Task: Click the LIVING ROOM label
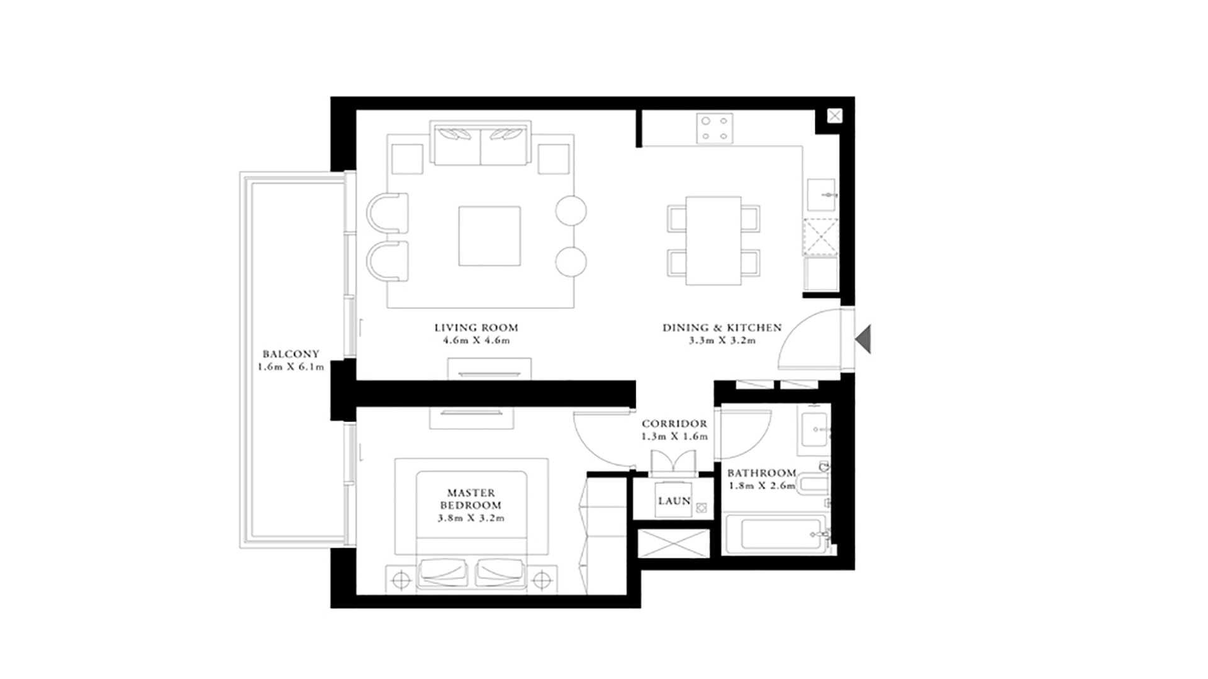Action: pyautogui.click(x=476, y=328)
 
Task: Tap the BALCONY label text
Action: pyautogui.click(x=291, y=354)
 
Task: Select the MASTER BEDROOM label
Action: pyautogui.click(x=471, y=499)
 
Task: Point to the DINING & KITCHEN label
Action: pyautogui.click(x=722, y=328)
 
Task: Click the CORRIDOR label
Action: pyautogui.click(x=674, y=424)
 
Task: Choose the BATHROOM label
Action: pyautogui.click(x=761, y=473)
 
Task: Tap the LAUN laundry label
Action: pyautogui.click(x=674, y=501)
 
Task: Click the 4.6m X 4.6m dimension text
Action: pyautogui.click(x=476, y=341)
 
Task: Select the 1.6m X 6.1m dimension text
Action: pyautogui.click(x=291, y=367)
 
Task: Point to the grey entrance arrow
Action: pyautogui.click(x=863, y=339)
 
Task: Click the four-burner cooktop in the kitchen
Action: pyautogui.click(x=715, y=128)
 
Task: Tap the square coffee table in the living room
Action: pyautogui.click(x=489, y=236)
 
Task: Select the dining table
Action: pyautogui.click(x=713, y=241)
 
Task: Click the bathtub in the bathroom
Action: pyautogui.click(x=775, y=534)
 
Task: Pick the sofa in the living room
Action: pyautogui.click(x=481, y=143)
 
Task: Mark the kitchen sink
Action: pyautogui.click(x=822, y=195)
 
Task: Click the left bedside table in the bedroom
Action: pyautogui.click(x=401, y=580)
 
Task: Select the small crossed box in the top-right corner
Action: pyautogui.click(x=835, y=116)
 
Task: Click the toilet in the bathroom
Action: pyautogui.click(x=812, y=484)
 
